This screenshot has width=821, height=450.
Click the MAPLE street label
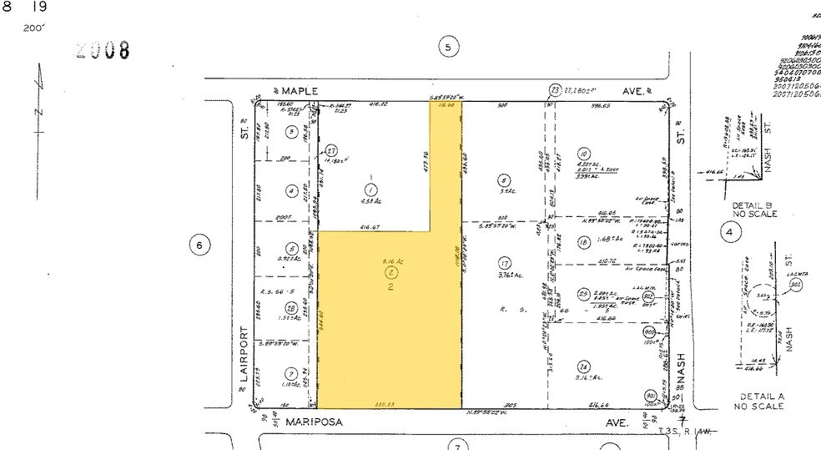click(x=300, y=90)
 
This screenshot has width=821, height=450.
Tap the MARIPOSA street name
click(x=314, y=423)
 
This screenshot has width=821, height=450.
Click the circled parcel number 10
click(x=583, y=154)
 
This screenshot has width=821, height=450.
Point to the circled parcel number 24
click(x=583, y=365)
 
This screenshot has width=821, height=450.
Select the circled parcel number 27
click(x=331, y=151)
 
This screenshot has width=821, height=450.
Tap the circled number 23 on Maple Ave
click(x=555, y=90)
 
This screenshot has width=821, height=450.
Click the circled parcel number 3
click(x=290, y=131)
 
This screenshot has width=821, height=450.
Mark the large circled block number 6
click(x=199, y=245)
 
